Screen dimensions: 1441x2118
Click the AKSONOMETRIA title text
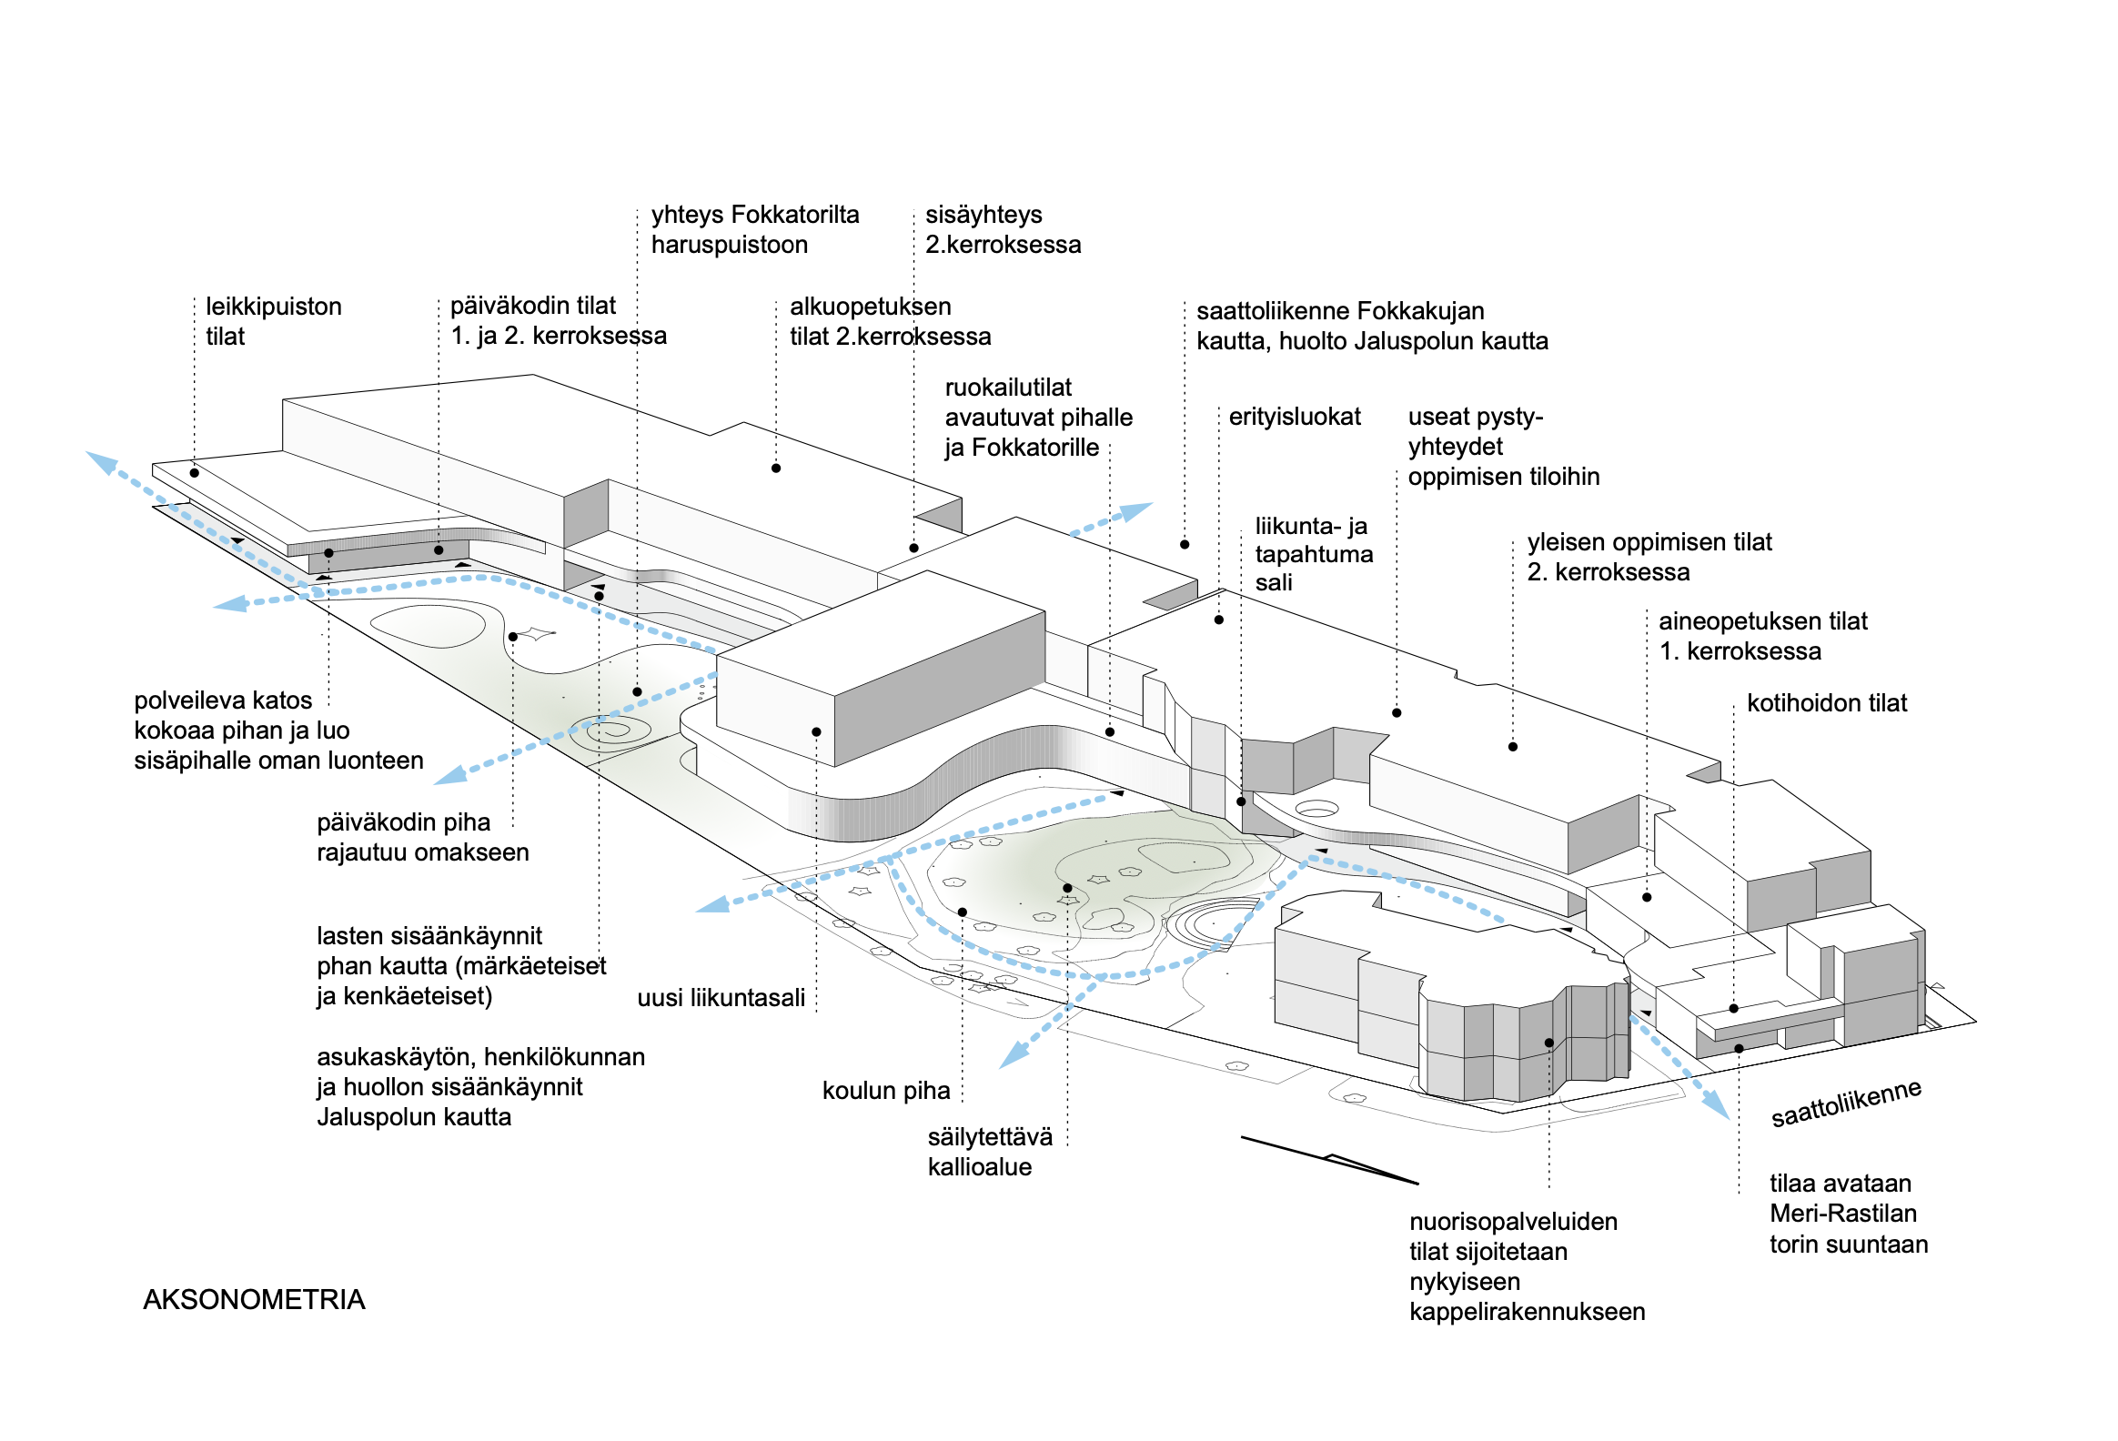[253, 1299]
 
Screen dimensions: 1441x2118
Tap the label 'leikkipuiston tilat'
[273, 321]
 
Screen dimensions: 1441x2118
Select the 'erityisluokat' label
[1293, 417]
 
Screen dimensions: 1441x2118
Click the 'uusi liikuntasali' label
[720, 997]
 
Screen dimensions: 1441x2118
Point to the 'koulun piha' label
[885, 1090]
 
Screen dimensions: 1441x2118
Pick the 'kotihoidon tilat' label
[1825, 702]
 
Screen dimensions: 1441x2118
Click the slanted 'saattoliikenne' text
[1844, 1104]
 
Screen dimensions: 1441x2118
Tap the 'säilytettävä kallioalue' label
[989, 1151]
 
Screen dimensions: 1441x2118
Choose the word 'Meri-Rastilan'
[1841, 1214]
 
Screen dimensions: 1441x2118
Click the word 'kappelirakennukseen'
[1527, 1311]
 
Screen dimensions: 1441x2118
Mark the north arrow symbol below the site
[1331, 1160]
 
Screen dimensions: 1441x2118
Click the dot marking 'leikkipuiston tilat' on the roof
[194, 473]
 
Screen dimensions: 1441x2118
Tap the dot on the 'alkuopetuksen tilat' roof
[775, 469]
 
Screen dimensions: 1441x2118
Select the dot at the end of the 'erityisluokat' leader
[1218, 620]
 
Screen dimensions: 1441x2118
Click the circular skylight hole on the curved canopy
[1316, 808]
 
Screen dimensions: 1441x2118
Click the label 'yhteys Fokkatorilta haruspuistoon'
[754, 229]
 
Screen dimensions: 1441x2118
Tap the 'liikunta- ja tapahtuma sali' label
[1312, 554]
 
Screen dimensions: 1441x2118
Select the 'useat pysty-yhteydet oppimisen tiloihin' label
[1502, 447]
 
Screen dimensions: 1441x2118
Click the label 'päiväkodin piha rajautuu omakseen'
[422, 837]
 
